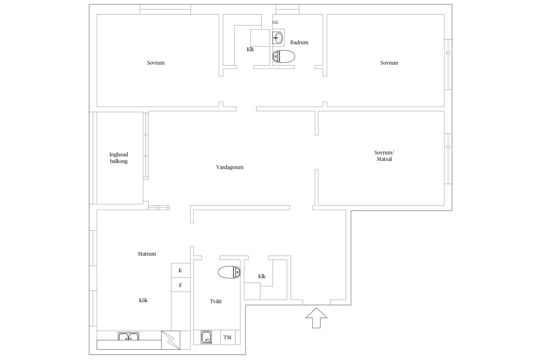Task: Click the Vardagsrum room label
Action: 230,167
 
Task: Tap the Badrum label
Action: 299,42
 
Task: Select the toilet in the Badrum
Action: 283,57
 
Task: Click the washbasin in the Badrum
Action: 278,37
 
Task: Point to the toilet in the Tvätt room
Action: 229,272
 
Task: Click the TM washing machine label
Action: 227,337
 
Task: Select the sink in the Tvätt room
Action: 206,337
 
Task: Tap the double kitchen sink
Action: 129,336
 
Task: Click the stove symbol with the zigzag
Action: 171,340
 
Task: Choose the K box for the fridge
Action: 181,270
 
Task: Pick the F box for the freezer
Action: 181,285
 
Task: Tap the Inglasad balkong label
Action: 119,158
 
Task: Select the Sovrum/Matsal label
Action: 384,156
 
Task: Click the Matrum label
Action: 147,254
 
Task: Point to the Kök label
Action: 143,300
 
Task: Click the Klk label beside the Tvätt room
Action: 262,276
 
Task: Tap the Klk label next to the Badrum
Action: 250,49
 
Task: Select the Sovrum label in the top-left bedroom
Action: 156,63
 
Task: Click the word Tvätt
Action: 216,301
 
